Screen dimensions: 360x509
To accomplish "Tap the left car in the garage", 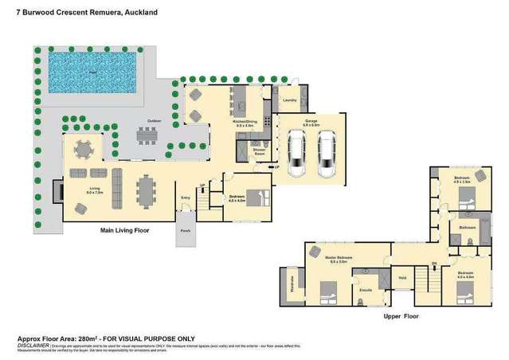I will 296,155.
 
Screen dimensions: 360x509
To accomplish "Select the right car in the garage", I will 327,155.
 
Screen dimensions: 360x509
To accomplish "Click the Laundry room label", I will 290,100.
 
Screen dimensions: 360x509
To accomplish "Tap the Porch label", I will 186,232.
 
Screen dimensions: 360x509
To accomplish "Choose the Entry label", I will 186,197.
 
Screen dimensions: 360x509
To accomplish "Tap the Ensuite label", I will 366,291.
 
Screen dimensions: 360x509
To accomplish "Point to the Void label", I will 402,279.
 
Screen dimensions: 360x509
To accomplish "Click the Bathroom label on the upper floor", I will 468,228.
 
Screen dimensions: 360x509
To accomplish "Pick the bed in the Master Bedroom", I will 328,292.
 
